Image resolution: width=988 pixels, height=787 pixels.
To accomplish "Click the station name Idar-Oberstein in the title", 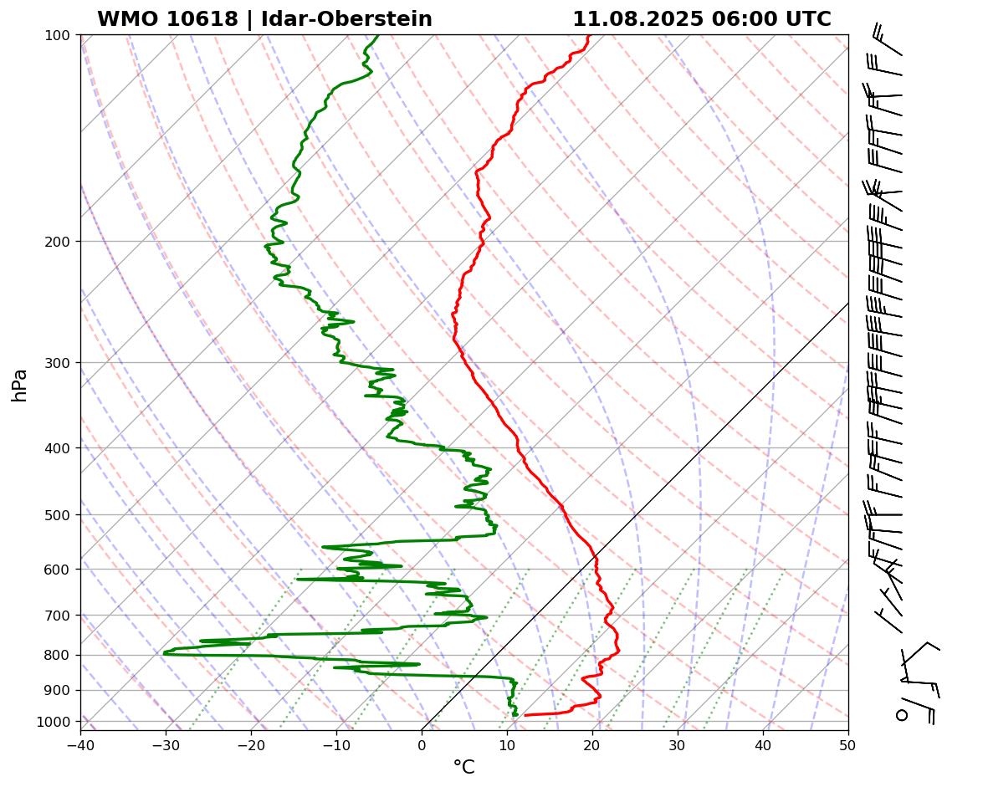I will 346,19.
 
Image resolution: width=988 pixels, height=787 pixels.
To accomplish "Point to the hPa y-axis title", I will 19,385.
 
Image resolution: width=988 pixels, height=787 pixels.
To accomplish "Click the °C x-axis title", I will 463,767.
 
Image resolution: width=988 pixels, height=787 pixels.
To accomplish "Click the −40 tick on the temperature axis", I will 80,743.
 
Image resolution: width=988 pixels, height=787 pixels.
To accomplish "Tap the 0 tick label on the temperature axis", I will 422,743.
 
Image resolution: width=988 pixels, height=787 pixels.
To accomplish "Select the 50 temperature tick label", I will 848,743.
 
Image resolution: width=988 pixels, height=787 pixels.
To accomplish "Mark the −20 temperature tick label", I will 251,743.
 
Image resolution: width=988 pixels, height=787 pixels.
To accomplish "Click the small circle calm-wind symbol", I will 902,715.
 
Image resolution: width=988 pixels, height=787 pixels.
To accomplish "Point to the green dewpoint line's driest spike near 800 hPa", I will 165,652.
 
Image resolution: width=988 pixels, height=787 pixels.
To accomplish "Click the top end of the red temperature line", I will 588,36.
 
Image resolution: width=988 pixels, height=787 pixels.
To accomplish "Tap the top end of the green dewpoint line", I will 377,36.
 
